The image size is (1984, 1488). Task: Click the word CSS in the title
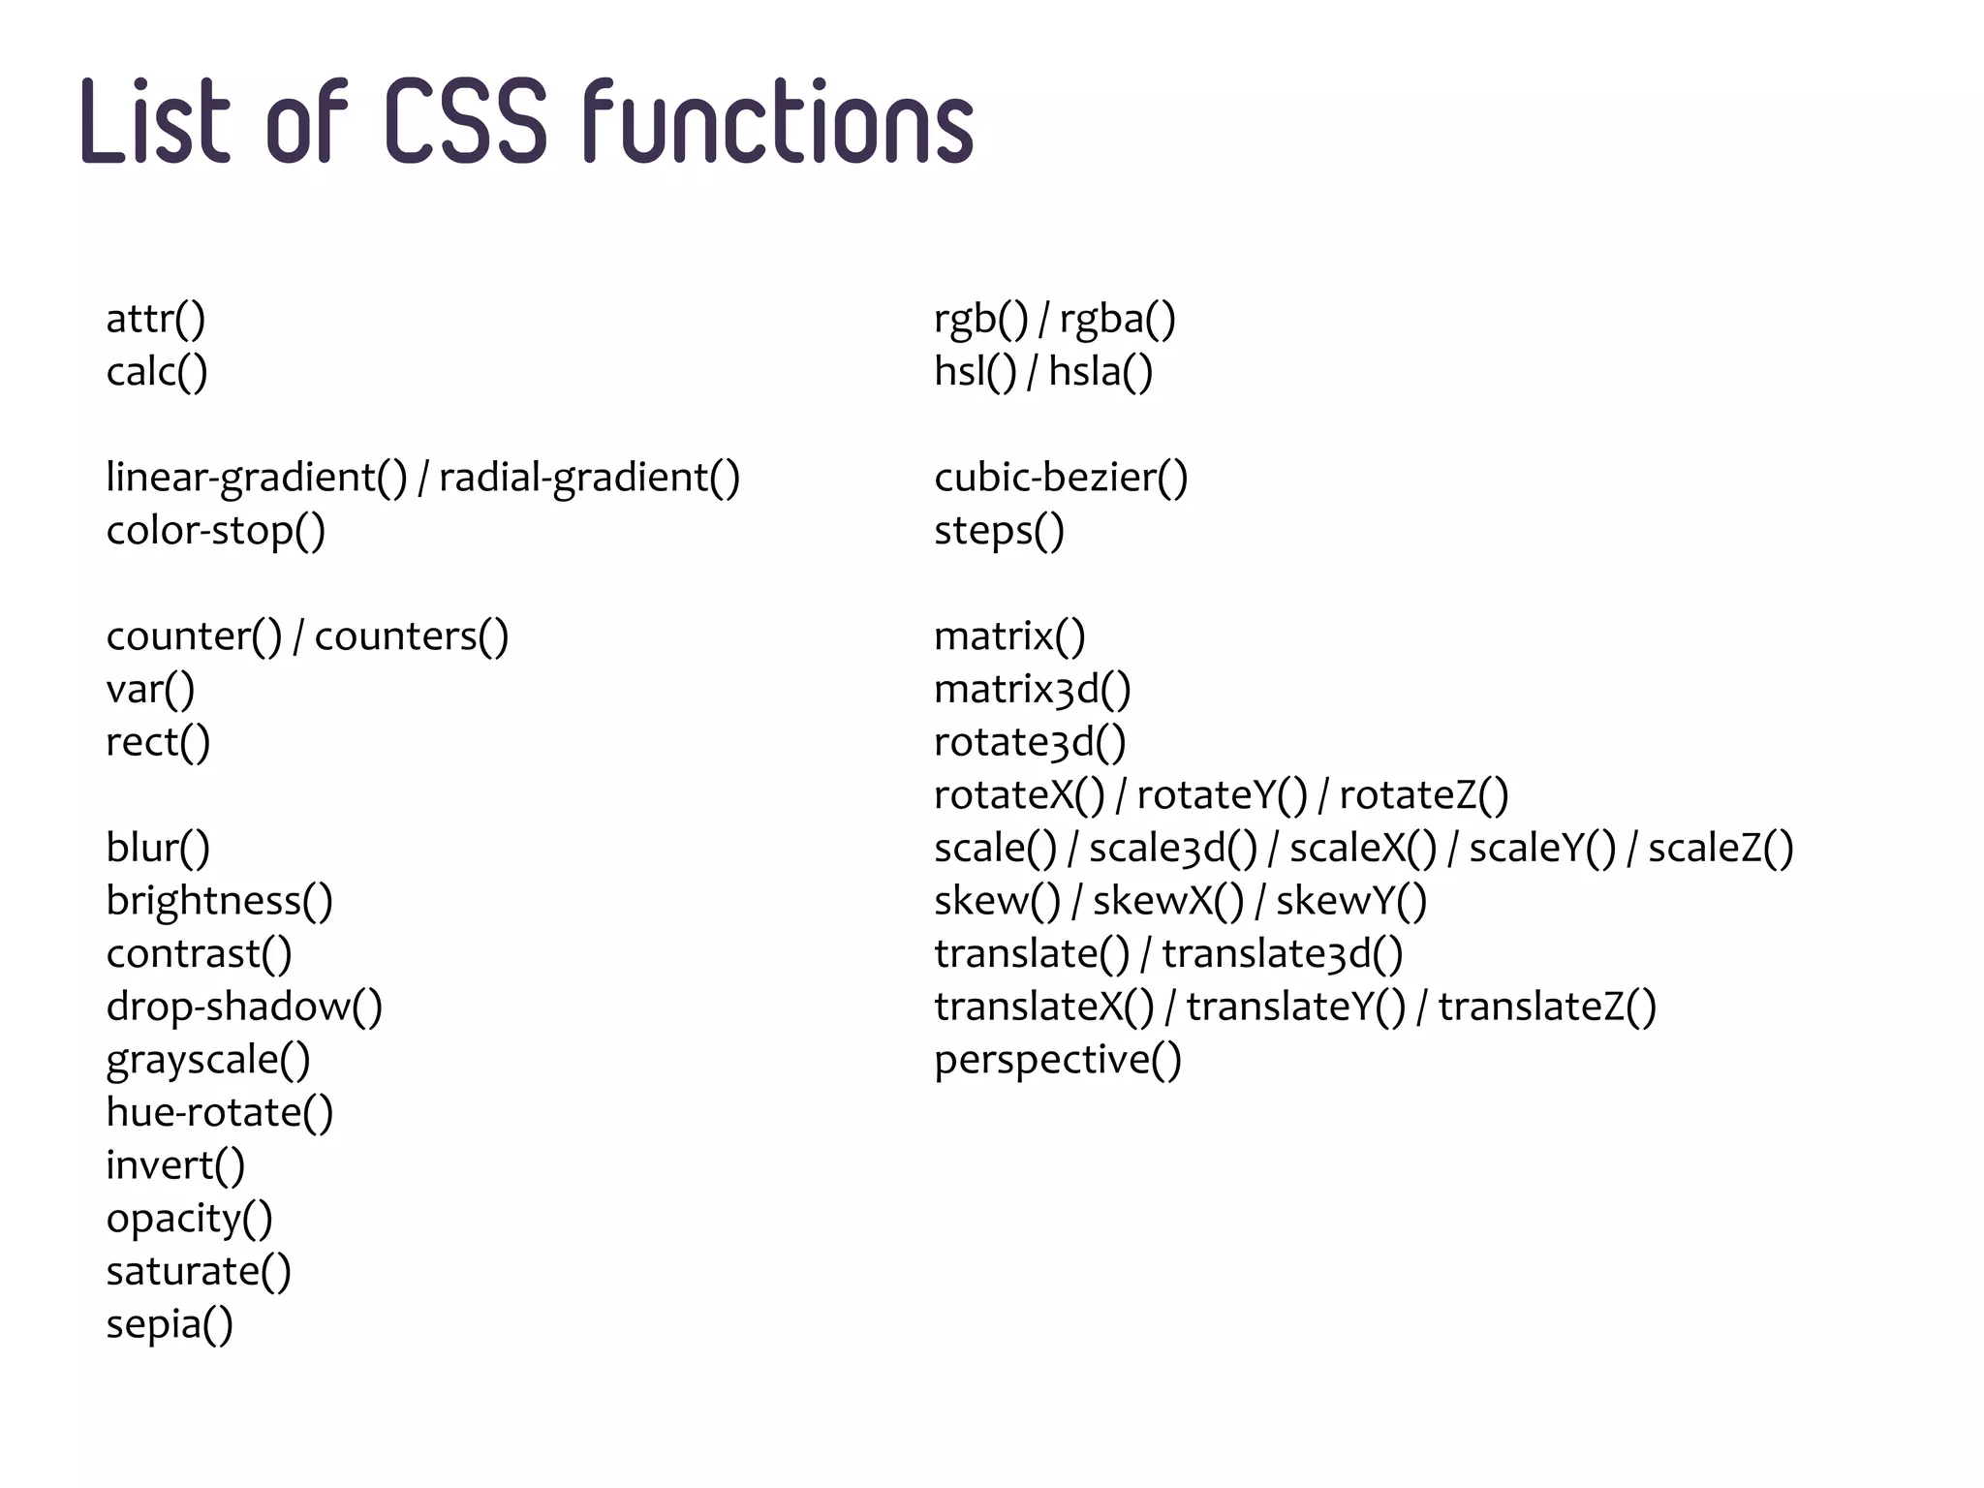coord(467,121)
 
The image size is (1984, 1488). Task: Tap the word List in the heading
coord(155,121)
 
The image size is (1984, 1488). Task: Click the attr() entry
coord(156,319)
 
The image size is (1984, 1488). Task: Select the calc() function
coord(157,372)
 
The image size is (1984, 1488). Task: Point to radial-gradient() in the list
coord(589,478)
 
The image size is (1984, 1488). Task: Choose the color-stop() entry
coord(216,531)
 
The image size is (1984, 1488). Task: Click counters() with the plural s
coord(412,636)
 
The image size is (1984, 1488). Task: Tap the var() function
coord(151,690)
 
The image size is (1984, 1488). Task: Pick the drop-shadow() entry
coord(244,1007)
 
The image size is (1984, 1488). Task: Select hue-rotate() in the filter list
coord(220,1112)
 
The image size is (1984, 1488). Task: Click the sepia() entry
coord(170,1324)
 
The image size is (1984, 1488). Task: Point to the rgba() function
coord(1117,319)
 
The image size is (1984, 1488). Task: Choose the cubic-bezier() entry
coord(1061,478)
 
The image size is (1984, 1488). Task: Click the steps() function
coord(999,531)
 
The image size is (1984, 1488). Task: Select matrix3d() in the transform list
coord(1033,690)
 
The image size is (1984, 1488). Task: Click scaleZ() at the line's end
coord(1720,849)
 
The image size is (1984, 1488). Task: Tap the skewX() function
coord(1167,901)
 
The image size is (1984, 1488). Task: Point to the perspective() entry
coord(1058,1060)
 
